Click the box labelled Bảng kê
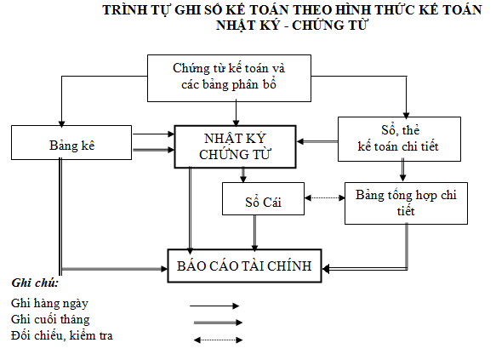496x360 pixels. click(x=71, y=142)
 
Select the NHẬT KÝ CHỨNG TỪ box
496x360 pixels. click(x=235, y=146)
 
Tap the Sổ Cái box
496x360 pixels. click(x=263, y=198)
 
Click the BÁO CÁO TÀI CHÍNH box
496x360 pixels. click(x=244, y=266)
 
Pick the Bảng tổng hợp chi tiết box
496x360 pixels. click(x=406, y=203)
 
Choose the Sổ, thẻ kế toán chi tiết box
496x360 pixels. click(x=399, y=140)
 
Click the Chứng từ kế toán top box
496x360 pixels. click(x=229, y=78)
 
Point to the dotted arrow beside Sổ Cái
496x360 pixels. click(x=324, y=198)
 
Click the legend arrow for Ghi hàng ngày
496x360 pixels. click(x=214, y=306)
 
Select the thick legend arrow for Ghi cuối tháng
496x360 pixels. click(x=218, y=323)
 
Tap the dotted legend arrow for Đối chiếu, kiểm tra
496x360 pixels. click(x=218, y=340)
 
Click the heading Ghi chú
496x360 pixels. click(x=35, y=283)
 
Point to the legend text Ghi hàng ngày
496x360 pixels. click(x=49, y=303)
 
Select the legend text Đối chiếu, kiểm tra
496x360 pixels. click(x=62, y=335)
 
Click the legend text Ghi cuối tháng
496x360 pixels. click(x=50, y=319)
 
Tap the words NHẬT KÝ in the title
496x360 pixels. click(x=248, y=26)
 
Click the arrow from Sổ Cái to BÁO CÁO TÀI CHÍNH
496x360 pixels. click(x=254, y=233)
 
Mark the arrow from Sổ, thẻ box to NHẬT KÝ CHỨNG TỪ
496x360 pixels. click(x=317, y=141)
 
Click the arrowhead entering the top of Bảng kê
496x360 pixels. click(x=62, y=123)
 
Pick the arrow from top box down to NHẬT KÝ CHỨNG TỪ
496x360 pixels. click(x=236, y=113)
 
